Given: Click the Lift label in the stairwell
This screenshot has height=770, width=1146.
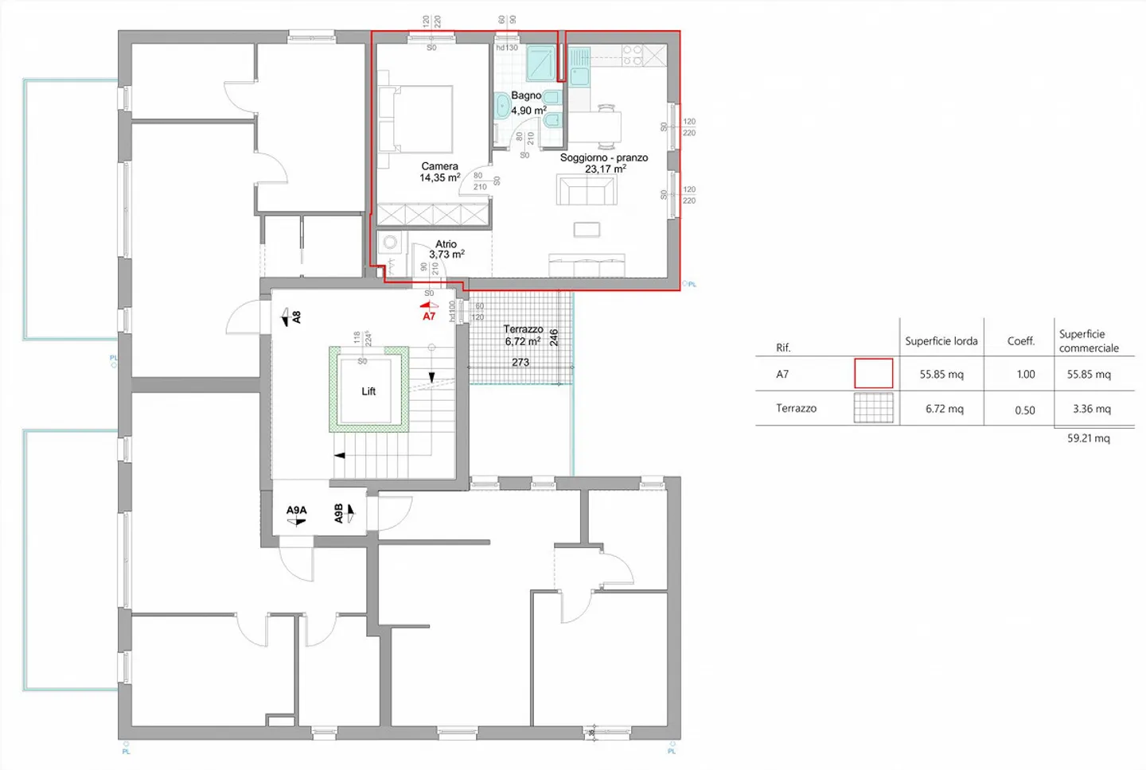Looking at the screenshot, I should pyautogui.click(x=368, y=391).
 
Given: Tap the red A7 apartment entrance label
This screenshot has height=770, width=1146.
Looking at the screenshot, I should pyautogui.click(x=429, y=316).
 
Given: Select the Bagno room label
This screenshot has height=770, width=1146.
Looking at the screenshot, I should pyautogui.click(x=526, y=95).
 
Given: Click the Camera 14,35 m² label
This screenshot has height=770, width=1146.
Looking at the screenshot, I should pyautogui.click(x=439, y=172).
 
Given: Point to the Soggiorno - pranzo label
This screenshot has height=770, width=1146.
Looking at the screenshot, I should pyautogui.click(x=603, y=157).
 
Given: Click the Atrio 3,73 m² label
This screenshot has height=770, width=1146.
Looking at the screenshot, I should pyautogui.click(x=446, y=249).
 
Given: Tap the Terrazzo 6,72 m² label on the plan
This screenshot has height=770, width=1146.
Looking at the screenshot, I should pyautogui.click(x=523, y=335).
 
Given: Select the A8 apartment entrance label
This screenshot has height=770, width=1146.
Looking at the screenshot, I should pyautogui.click(x=296, y=317).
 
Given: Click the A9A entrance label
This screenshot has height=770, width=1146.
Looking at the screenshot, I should pyautogui.click(x=296, y=510).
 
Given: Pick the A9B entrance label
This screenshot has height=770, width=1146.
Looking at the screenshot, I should pyautogui.click(x=339, y=513).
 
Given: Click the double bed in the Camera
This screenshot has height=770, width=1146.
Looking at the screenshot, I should pyautogui.click(x=417, y=119).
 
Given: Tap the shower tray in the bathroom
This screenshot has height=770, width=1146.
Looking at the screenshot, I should pyautogui.click(x=541, y=63).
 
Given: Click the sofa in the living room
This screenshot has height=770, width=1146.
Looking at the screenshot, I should pyautogui.click(x=587, y=191).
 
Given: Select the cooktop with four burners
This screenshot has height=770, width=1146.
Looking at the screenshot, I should pyautogui.click(x=633, y=55).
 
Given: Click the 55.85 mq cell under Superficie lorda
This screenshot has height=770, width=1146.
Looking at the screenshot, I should pyautogui.click(x=941, y=374).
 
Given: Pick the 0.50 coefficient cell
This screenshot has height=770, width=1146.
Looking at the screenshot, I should pyautogui.click(x=1025, y=410).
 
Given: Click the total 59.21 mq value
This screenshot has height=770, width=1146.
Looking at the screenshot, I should pyautogui.click(x=1088, y=438).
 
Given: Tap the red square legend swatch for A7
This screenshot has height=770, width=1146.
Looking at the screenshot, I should pyautogui.click(x=873, y=373).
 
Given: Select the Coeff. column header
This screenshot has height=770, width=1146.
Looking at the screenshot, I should pyautogui.click(x=1021, y=340).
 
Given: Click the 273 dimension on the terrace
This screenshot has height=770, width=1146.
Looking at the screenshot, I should pyautogui.click(x=520, y=362).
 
